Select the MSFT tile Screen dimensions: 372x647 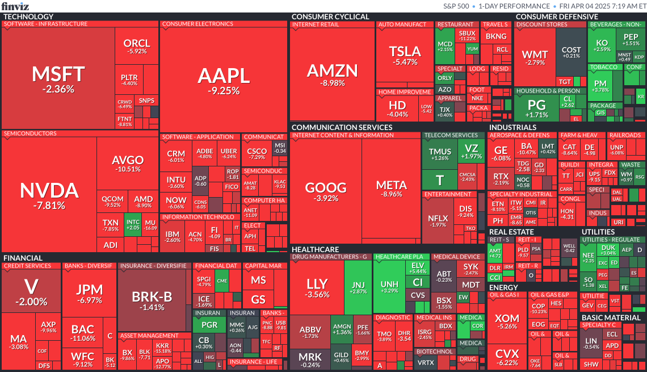[57, 78]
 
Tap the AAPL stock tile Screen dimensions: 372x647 [223, 80]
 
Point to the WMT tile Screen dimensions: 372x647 [535, 58]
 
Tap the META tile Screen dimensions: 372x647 [392, 189]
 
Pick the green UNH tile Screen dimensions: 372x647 [389, 287]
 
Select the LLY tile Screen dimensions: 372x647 [317, 287]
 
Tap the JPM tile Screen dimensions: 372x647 [89, 292]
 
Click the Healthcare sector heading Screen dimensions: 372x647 [315, 249]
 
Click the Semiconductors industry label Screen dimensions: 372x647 [30, 134]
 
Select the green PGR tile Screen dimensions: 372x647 [209, 325]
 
